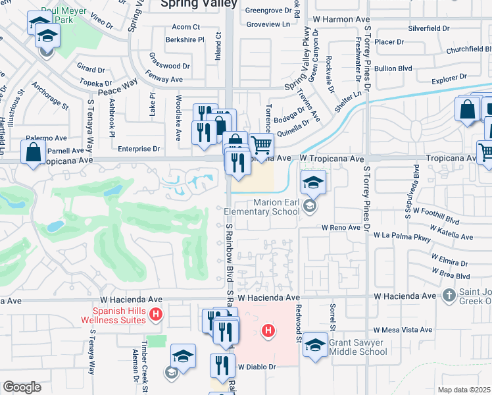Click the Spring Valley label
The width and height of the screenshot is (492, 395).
tap(199, 4)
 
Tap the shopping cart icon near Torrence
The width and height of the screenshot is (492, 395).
tap(261, 145)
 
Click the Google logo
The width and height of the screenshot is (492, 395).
tap(22, 387)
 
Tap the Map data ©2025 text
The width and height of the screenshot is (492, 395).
tap(463, 390)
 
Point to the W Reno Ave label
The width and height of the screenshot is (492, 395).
tap(341, 227)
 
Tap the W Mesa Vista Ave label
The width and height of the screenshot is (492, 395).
tap(402, 330)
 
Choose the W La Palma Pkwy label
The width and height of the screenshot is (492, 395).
tap(401, 234)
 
